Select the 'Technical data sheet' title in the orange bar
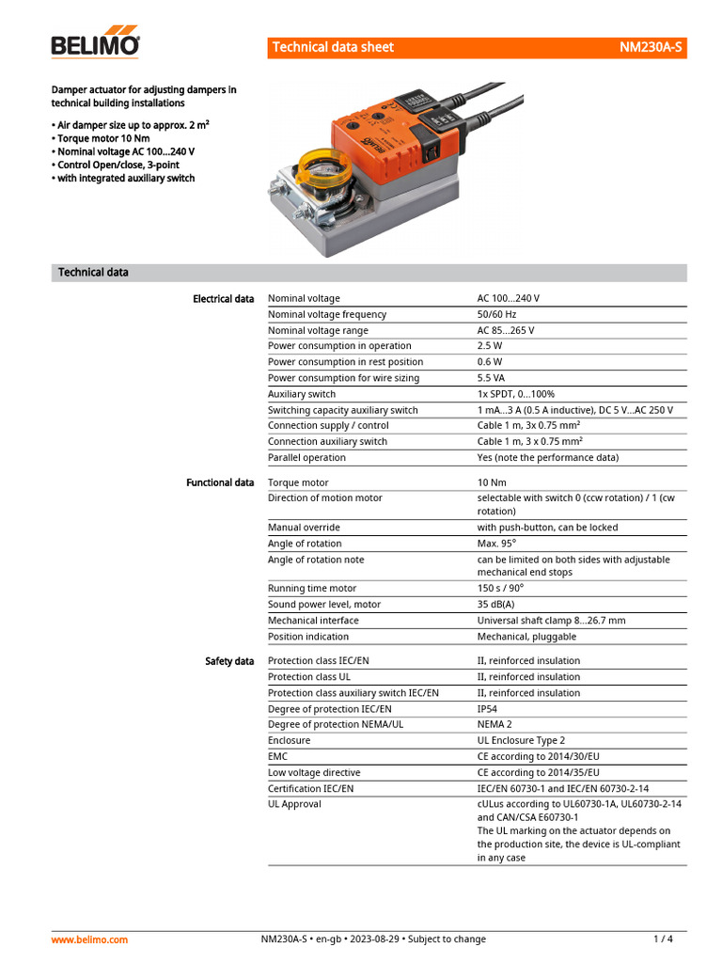[x=333, y=47]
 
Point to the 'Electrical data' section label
[x=223, y=299]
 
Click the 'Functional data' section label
[x=220, y=482]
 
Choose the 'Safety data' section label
[x=229, y=661]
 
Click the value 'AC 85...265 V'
[x=506, y=330]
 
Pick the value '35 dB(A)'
[x=495, y=605]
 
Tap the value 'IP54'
[x=488, y=709]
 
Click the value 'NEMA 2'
[x=494, y=725]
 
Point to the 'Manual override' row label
[x=304, y=528]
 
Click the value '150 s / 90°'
[x=500, y=589]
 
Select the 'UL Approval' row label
[x=294, y=804]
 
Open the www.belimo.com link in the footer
[x=89, y=939]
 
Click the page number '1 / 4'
[x=663, y=939]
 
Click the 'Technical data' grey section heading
[x=93, y=273]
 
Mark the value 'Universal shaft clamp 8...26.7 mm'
[x=551, y=621]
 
